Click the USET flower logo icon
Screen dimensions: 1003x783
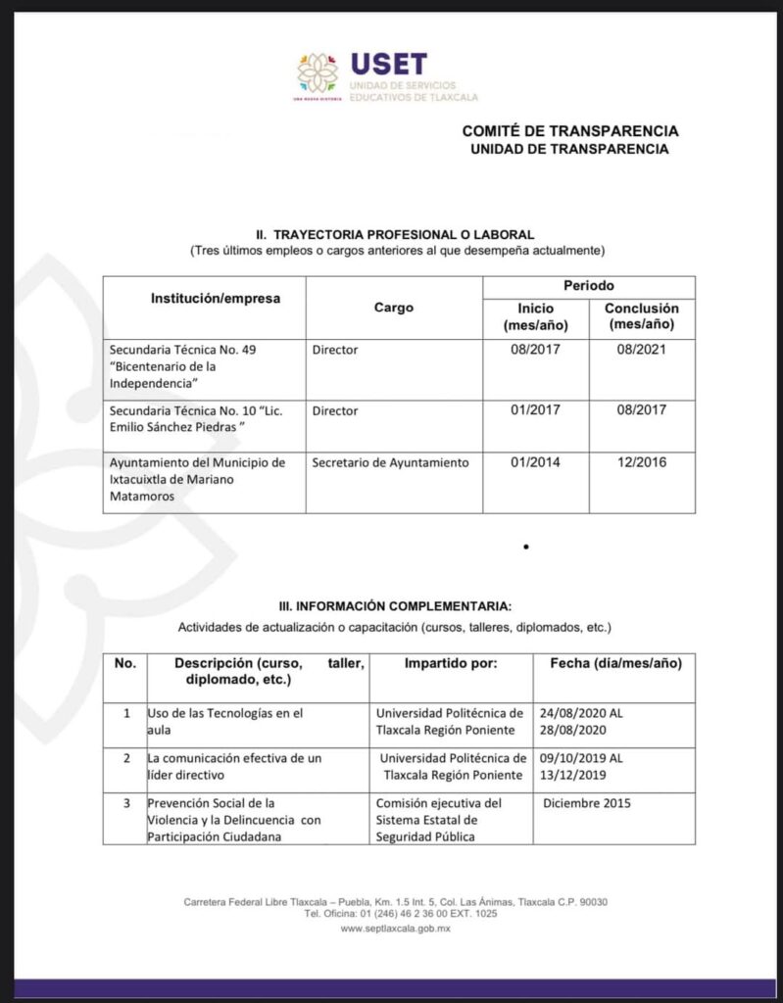click(317, 73)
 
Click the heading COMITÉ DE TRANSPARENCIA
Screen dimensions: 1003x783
click(570, 131)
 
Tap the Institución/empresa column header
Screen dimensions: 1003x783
click(215, 298)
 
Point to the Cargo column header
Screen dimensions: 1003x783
click(394, 308)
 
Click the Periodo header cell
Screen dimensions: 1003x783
click(588, 286)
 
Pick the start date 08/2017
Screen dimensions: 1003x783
click(535, 350)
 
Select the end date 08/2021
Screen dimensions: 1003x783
click(642, 350)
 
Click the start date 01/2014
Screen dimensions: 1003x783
click(535, 462)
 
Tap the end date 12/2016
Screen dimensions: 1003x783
click(642, 462)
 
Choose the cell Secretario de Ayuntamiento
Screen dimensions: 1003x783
click(390, 462)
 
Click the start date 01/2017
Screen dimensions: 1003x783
click(535, 411)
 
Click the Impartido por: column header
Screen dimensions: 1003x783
click(451, 663)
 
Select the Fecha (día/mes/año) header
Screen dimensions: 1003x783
click(615, 663)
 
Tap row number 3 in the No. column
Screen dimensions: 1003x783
click(125, 803)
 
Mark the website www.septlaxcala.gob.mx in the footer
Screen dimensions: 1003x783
click(395, 929)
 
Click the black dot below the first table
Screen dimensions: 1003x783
click(526, 547)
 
